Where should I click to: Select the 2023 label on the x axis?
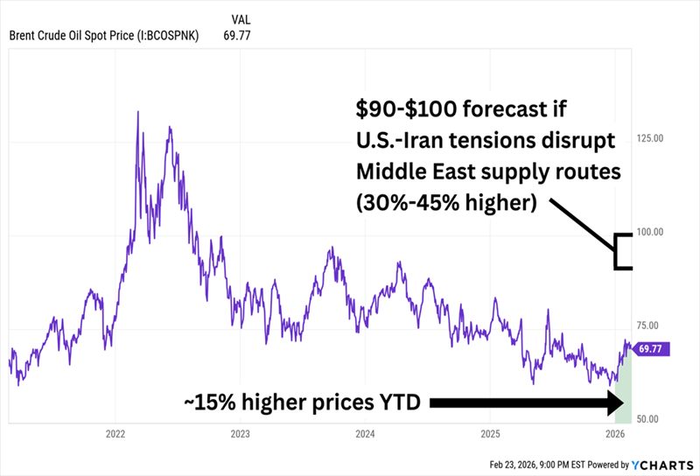(x=241, y=433)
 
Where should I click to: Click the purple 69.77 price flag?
(x=652, y=347)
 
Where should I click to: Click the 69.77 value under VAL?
(x=239, y=36)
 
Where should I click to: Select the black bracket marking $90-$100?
(x=622, y=251)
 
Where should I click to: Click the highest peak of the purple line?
(x=138, y=112)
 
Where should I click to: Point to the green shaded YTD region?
(x=622, y=389)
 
